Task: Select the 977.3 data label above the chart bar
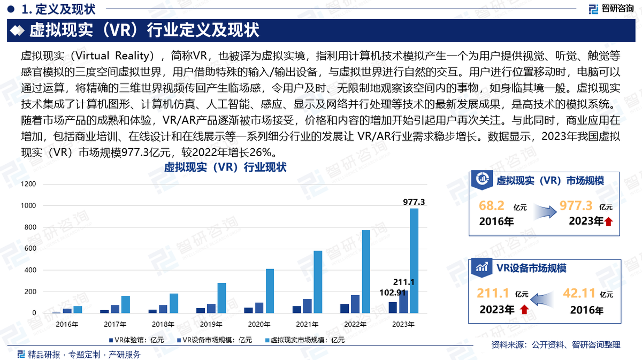pos(414,202)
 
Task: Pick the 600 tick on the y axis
pos(30,249)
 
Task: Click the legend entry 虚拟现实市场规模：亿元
pos(304,340)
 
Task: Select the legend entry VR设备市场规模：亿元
pos(214,340)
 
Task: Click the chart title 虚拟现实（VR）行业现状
pos(225,167)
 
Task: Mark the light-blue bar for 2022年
pos(366,271)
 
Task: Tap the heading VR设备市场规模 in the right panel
pos(531,268)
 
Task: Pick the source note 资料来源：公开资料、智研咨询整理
pos(555,344)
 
